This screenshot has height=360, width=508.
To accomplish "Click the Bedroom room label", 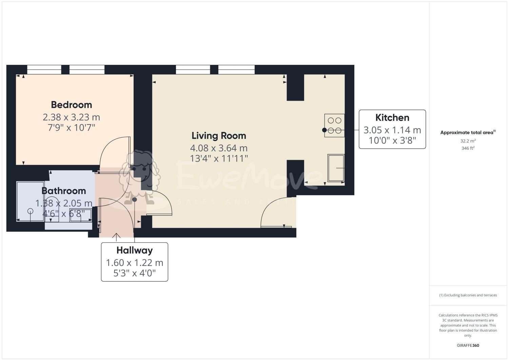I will [71, 105].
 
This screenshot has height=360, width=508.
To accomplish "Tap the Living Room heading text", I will [219, 136].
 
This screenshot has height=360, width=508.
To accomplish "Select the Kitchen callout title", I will [392, 118].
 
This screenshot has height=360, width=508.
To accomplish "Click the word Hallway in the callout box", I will [134, 250].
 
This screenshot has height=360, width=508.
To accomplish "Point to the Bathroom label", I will [64, 191].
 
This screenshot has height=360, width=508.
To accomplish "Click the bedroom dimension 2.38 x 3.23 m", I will [71, 117].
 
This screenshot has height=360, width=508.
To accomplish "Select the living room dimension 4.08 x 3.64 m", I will [219, 148].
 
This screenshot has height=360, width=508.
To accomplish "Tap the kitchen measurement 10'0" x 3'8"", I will [392, 140].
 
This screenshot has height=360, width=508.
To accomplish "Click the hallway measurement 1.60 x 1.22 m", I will [134, 263].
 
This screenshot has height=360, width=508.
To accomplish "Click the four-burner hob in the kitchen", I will [334, 125].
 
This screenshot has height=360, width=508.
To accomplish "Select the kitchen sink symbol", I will [336, 168].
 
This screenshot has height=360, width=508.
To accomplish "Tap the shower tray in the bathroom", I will [30, 202].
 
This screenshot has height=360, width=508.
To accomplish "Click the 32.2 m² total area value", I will [468, 141].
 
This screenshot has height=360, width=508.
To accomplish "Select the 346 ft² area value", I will [468, 148].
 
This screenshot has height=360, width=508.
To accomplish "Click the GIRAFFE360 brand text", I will [468, 346].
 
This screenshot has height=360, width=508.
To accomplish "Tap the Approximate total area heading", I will [468, 133].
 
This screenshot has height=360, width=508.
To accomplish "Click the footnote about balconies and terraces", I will [468, 295].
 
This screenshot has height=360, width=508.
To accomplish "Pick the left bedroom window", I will [44, 70].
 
